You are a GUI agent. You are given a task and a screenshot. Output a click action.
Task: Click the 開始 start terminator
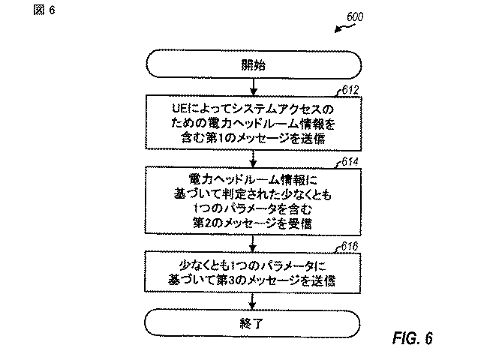254,64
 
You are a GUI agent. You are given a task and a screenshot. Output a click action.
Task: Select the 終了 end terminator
252,323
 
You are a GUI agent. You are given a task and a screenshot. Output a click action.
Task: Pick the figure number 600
355,16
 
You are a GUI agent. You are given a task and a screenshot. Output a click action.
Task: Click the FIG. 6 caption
413,338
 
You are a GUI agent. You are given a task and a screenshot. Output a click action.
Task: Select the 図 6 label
44,10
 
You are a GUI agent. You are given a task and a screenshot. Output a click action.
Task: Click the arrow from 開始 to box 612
254,87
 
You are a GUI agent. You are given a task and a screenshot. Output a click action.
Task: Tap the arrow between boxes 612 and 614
253,159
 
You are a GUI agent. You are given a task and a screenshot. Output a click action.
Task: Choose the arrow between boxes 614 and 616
252,243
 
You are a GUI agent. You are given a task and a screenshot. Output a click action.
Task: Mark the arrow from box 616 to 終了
252,301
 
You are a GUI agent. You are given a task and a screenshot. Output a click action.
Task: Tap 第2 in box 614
203,223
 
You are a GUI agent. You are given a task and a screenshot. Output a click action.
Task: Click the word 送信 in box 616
323,280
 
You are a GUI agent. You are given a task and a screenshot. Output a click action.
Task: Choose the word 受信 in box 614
300,223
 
